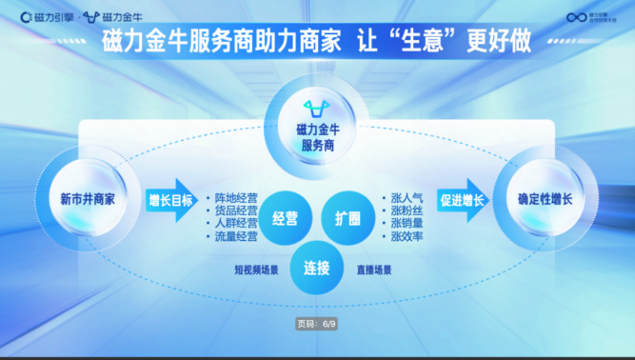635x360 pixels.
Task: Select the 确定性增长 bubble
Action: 546,200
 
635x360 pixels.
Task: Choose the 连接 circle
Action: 316,268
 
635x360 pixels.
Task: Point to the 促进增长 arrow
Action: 463,200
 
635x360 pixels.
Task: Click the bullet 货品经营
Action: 235,210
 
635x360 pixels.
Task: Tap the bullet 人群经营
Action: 235,223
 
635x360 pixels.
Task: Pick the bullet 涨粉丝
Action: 407,210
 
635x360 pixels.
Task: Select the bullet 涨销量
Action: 407,223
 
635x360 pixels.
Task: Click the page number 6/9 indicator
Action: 317,324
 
